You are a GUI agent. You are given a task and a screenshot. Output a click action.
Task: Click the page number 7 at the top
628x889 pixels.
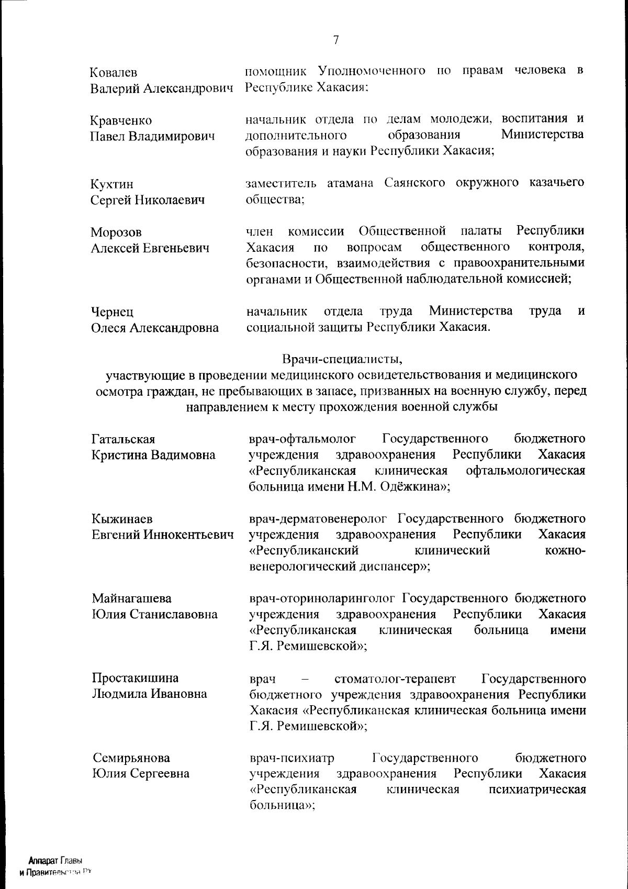pyautogui.click(x=336, y=40)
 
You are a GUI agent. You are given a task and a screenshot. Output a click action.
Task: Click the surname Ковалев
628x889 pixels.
pyautogui.click(x=114, y=73)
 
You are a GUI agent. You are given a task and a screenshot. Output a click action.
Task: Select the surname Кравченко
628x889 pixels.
pyautogui.click(x=121, y=121)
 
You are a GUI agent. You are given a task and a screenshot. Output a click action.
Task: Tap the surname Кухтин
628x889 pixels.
pyautogui.click(x=112, y=184)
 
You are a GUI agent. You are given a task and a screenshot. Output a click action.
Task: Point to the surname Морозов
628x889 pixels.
pyautogui.click(x=116, y=232)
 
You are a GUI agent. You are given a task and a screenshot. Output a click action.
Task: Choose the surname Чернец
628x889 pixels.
pyautogui.click(x=112, y=312)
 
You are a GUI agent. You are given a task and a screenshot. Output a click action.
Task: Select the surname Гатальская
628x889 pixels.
pyautogui.click(x=124, y=439)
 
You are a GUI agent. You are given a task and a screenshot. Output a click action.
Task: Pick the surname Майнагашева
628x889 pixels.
pyautogui.click(x=131, y=598)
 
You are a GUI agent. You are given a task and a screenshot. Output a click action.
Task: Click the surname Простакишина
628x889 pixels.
pyautogui.click(x=135, y=678)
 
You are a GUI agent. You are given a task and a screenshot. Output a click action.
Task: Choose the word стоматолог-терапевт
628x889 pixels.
pyautogui.click(x=395, y=679)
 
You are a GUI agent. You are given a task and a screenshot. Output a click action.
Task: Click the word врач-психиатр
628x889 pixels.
pyautogui.click(x=291, y=758)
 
